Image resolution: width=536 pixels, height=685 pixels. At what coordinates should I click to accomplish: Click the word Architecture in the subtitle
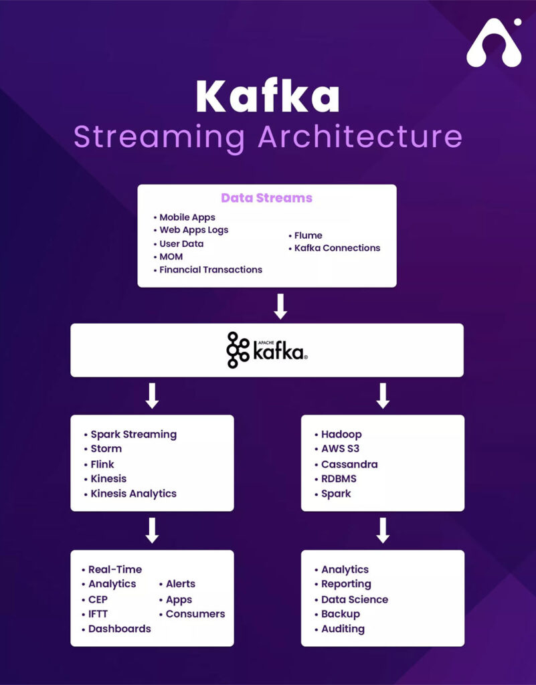click(359, 136)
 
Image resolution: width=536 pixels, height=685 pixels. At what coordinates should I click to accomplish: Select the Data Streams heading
click(266, 198)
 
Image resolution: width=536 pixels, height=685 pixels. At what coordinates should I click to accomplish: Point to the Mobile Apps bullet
click(184, 217)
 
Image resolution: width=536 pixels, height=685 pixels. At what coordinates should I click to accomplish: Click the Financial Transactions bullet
click(207, 270)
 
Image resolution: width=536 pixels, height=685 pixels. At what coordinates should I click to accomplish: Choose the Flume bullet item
click(305, 235)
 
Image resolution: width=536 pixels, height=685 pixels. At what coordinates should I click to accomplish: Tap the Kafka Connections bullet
click(334, 248)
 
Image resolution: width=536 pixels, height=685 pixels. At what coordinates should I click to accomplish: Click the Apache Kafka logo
click(267, 350)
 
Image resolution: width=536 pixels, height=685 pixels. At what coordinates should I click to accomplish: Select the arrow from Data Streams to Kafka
click(280, 306)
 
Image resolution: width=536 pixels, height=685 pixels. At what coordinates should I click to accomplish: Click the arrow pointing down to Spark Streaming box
click(152, 396)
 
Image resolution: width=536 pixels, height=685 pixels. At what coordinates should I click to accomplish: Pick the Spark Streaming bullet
click(130, 435)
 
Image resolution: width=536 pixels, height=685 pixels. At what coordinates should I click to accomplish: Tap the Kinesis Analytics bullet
click(130, 494)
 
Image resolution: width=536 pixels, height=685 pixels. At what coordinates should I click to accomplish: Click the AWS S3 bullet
click(337, 449)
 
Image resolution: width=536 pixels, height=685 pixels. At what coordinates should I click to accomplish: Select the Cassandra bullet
click(346, 464)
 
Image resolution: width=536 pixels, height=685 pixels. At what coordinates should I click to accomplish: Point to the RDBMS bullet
click(335, 479)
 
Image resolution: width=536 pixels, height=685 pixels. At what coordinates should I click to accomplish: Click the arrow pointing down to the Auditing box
click(383, 530)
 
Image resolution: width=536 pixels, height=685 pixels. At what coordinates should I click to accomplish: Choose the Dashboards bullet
click(116, 629)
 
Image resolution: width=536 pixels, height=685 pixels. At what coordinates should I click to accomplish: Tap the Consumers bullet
click(192, 614)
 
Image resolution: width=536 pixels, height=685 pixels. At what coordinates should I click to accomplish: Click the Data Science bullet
click(351, 600)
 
